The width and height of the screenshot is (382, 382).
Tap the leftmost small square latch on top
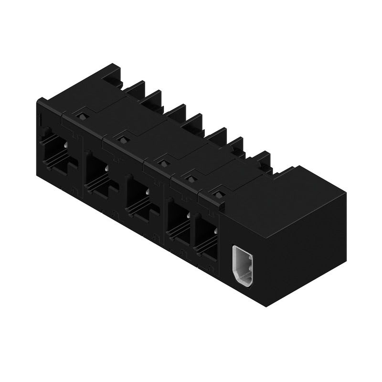pyautogui.click(x=82, y=116)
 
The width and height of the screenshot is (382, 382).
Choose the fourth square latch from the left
pyautogui.click(x=191, y=179)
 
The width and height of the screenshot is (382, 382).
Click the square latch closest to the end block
pyautogui.click(x=219, y=194)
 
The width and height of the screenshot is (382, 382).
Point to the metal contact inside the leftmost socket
pyautogui.click(x=65, y=145)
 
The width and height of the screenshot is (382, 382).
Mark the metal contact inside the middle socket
pyautogui.click(x=148, y=191)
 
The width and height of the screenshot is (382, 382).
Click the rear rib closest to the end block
pyautogui.click(x=262, y=160)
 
